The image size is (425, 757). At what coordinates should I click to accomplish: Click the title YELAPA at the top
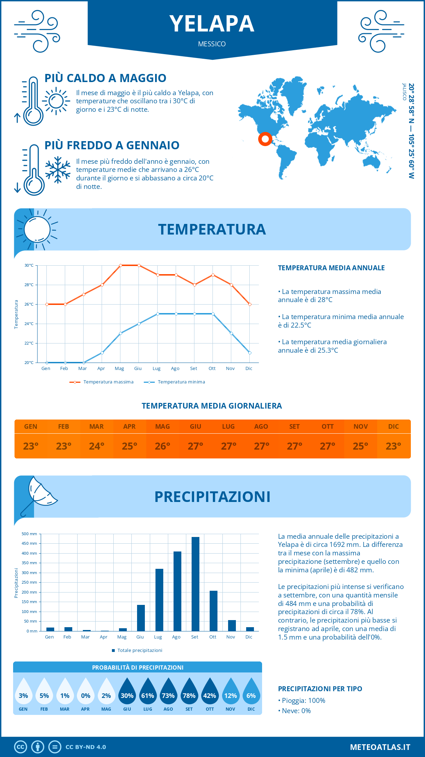(212, 24)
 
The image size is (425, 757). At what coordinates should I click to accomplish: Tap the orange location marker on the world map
(265, 139)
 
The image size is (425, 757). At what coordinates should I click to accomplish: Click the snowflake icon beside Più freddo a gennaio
(58, 169)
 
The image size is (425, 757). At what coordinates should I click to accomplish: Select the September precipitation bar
(195, 584)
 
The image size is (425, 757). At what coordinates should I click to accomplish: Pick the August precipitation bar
(177, 591)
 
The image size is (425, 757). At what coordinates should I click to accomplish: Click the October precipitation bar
(213, 611)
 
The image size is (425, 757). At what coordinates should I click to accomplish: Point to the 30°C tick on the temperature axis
(29, 265)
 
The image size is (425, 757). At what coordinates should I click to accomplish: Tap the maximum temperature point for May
(120, 265)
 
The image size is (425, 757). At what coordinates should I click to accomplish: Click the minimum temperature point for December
(250, 353)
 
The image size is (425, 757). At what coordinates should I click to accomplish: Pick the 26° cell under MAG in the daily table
(163, 446)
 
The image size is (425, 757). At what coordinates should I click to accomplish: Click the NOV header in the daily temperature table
(361, 427)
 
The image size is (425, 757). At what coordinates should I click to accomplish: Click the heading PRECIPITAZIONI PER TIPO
(320, 689)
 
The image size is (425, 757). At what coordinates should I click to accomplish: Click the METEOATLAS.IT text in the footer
(380, 747)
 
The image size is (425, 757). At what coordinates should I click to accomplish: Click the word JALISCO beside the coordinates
(404, 92)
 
